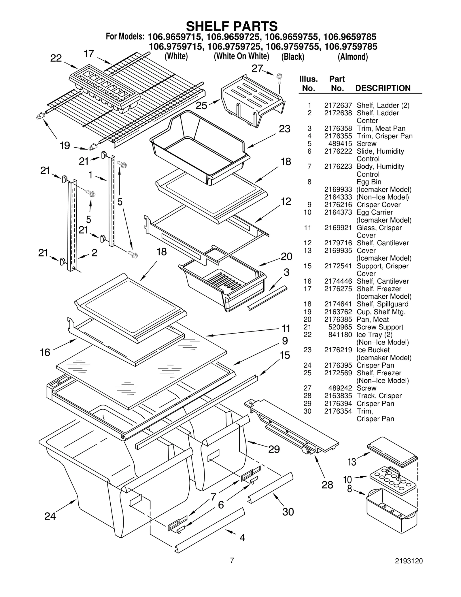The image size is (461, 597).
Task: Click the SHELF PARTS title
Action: click(232, 26)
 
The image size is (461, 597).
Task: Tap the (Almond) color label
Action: click(353, 57)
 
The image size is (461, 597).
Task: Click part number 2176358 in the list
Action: click(338, 129)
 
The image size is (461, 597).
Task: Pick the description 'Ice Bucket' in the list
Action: click(373, 350)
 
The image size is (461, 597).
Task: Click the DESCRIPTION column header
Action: click(383, 88)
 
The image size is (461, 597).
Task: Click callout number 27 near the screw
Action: click(257, 69)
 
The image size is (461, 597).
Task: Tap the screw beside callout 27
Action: click(279, 77)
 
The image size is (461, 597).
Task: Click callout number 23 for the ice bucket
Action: click(284, 129)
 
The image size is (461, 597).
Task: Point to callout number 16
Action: click(45, 352)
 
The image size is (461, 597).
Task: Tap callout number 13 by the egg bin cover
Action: click(352, 462)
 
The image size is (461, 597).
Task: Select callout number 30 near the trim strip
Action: click(288, 512)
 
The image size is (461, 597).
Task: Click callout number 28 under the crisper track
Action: click(327, 485)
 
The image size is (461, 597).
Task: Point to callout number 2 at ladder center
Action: click(94, 253)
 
